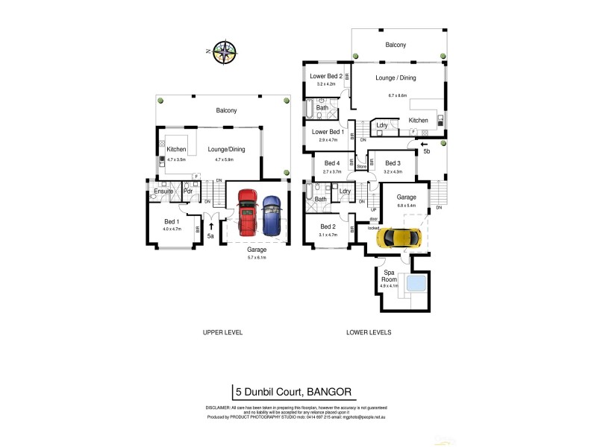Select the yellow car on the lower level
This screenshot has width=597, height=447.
[x=399, y=238]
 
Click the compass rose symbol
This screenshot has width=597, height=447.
[x=225, y=51]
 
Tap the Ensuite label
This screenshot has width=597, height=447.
[x=163, y=191]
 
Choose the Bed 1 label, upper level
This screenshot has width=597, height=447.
[x=172, y=221]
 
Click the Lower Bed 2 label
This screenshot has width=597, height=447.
[x=326, y=76]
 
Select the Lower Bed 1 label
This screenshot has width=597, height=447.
[x=327, y=132]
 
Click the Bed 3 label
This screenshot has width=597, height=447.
[x=393, y=163]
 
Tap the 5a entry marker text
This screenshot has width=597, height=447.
[x=211, y=236]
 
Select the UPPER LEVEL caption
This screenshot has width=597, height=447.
[x=222, y=332]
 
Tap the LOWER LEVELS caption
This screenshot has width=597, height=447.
[x=369, y=332]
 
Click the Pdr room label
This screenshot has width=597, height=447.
[x=187, y=191]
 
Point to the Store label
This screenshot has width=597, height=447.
[x=362, y=167]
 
